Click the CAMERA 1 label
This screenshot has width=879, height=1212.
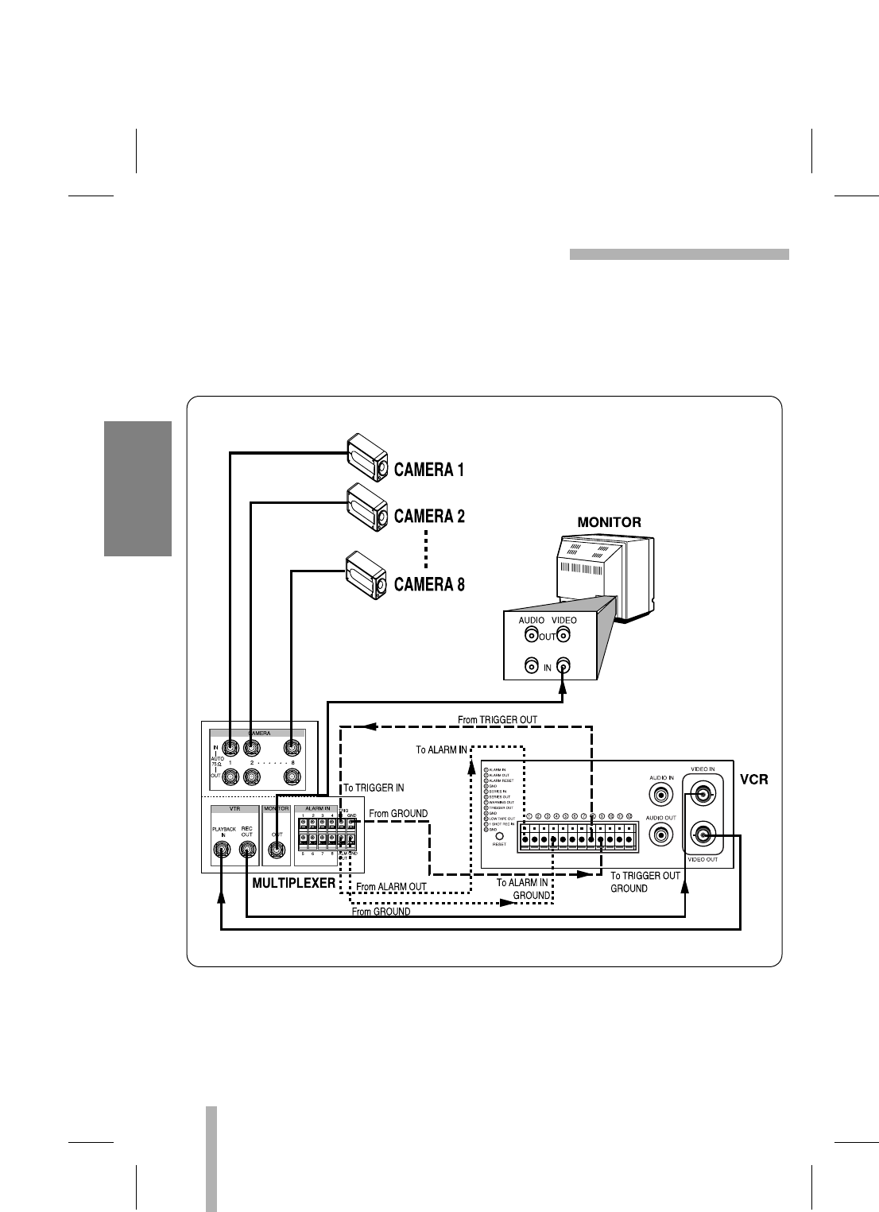pyautogui.click(x=429, y=470)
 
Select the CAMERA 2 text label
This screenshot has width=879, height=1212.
pyautogui.click(x=429, y=517)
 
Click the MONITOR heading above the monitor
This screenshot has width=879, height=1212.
pyautogui.click(x=609, y=522)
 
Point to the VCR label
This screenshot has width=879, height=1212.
pyautogui.click(x=754, y=780)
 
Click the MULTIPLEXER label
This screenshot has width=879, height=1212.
pyautogui.click(x=293, y=883)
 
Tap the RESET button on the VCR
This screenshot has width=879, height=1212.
pyautogui.click(x=499, y=835)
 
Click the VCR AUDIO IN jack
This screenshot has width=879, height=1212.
pyautogui.click(x=660, y=794)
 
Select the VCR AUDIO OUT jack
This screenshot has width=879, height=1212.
pyautogui.click(x=660, y=834)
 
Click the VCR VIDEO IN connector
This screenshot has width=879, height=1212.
pyautogui.click(x=703, y=792)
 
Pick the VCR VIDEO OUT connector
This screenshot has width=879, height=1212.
pyautogui.click(x=703, y=834)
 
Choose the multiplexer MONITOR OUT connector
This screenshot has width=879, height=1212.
pyautogui.click(x=276, y=850)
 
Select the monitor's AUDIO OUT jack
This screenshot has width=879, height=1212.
pyautogui.click(x=530, y=635)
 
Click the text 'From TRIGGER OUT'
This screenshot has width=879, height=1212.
pyautogui.click(x=498, y=720)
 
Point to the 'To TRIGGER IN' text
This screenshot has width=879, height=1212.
pyautogui.click(x=374, y=788)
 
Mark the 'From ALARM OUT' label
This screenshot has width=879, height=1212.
pyautogui.click(x=391, y=887)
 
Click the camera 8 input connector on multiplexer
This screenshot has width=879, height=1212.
pyautogui.click(x=293, y=747)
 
